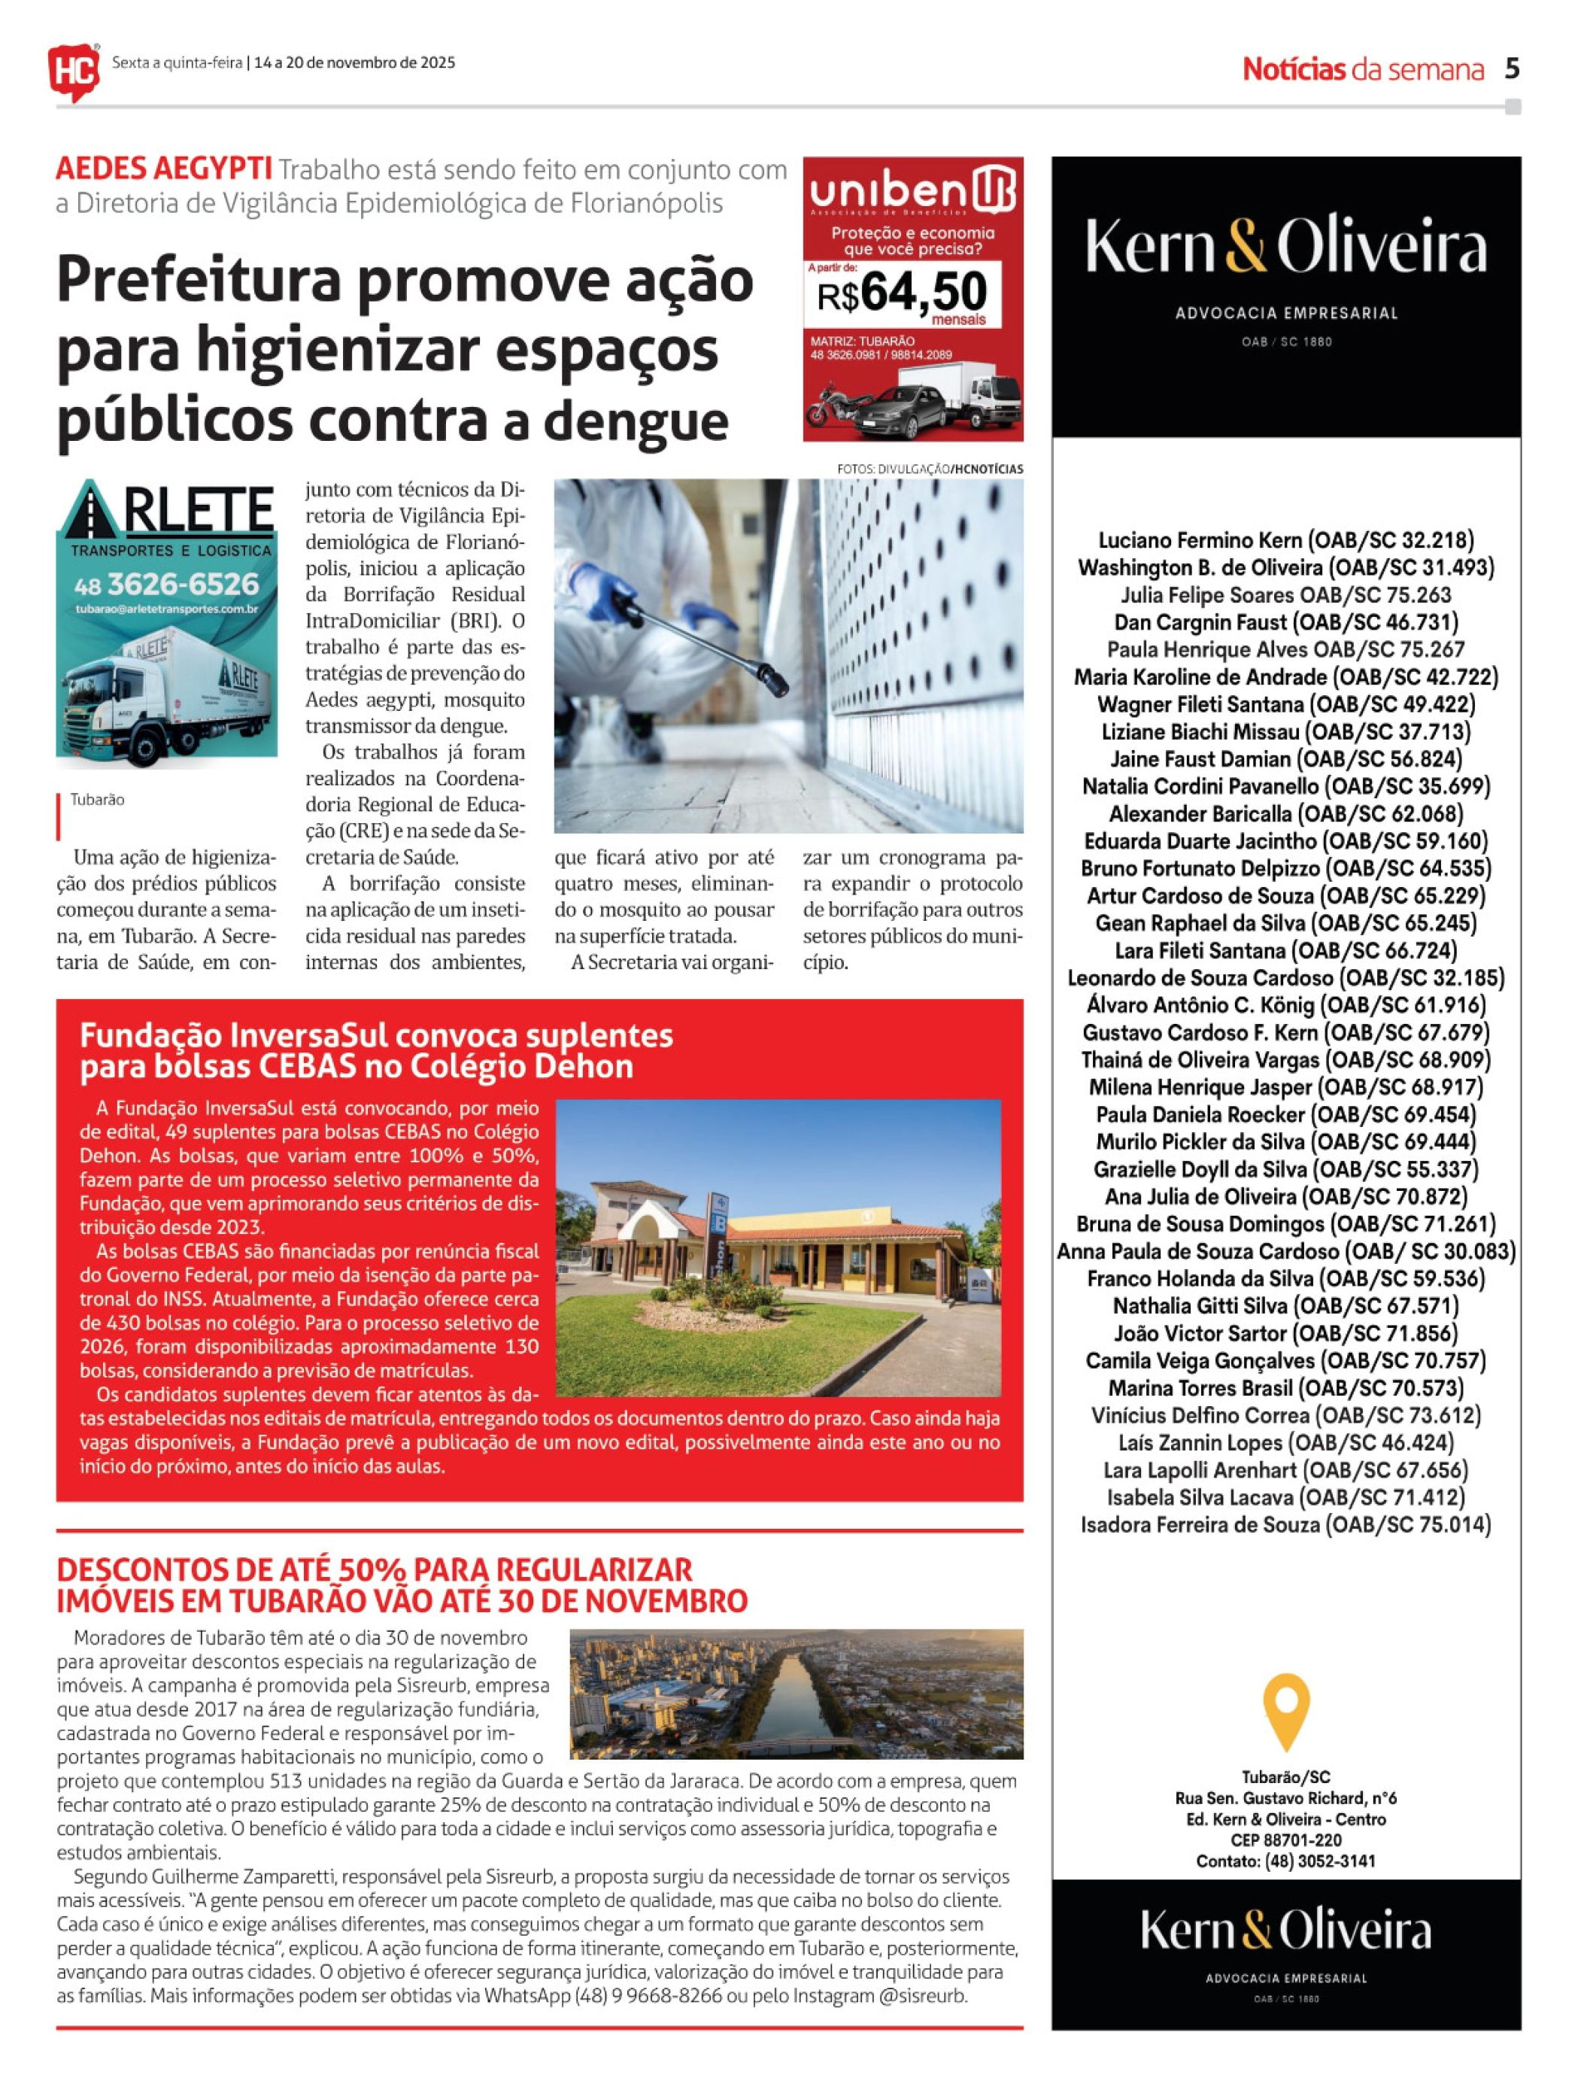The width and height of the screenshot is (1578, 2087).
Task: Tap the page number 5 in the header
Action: coord(1512,69)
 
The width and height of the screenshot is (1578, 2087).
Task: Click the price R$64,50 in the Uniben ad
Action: coord(902,293)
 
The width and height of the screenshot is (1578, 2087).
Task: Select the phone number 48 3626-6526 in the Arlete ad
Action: coord(166,583)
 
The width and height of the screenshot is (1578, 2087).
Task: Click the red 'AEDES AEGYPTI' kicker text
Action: coord(163,170)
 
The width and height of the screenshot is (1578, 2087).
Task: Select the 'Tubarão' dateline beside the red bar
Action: coord(97,800)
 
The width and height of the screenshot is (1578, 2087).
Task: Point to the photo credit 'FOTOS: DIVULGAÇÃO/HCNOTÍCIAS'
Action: coord(929,469)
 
